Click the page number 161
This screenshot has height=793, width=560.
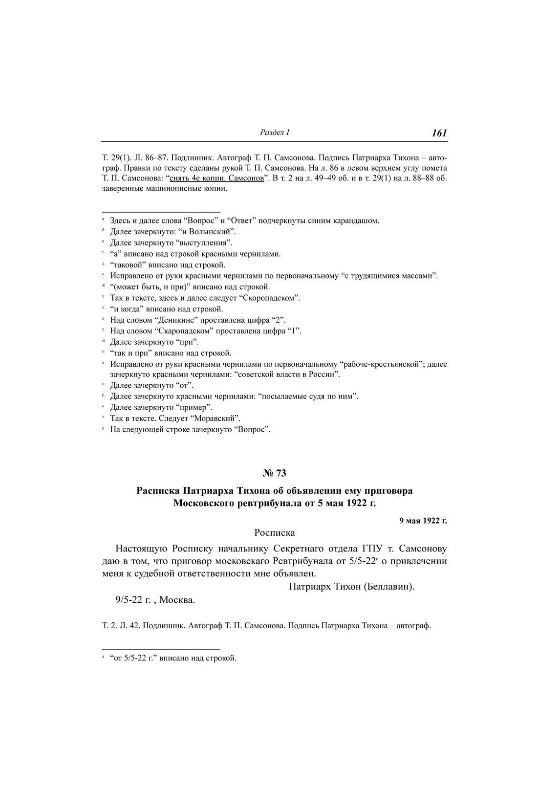tap(439, 133)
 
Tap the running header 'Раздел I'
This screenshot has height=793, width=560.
tap(275, 132)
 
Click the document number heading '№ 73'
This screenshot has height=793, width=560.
tap(275, 473)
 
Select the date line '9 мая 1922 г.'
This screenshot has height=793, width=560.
tap(423, 521)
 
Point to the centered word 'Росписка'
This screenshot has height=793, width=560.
tap(275, 533)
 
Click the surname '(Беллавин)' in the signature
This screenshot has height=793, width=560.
tap(389, 587)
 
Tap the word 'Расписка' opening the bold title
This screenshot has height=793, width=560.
tap(157, 490)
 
